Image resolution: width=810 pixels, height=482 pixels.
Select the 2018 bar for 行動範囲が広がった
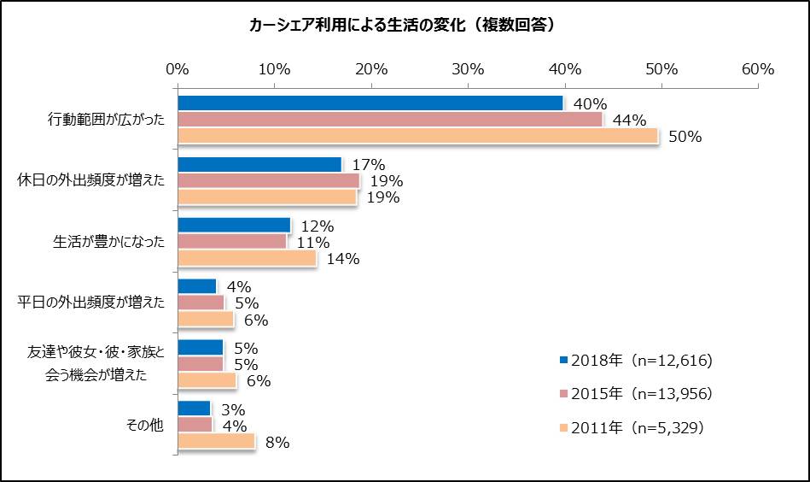370,103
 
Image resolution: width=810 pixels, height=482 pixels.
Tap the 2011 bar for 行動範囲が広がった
417,136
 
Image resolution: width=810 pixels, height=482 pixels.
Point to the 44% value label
629,120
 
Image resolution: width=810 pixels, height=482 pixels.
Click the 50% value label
685,137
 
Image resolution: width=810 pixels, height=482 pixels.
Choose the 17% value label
369,165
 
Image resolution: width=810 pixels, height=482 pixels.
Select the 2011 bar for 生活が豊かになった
247,258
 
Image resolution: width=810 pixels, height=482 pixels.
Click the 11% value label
313,243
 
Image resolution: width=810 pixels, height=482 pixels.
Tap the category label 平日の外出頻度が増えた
92,303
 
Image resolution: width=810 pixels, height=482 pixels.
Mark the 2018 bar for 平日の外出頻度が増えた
196,286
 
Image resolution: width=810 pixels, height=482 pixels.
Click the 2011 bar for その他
216,441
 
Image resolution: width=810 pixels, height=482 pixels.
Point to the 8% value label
277,443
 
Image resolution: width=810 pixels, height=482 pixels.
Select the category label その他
144,426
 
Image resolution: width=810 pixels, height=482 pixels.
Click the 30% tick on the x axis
468,69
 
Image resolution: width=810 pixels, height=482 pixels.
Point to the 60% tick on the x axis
757,69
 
